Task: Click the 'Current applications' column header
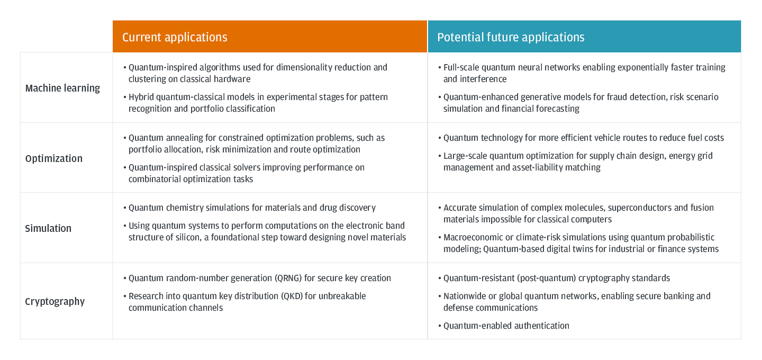tap(175, 37)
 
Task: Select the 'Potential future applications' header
tap(511, 37)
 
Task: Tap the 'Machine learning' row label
tap(62, 88)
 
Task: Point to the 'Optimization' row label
tap(54, 159)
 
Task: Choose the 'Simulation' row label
tap(48, 228)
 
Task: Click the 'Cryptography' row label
tap(55, 301)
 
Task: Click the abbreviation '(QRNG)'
tap(288, 278)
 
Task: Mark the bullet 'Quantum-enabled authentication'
tap(506, 326)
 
